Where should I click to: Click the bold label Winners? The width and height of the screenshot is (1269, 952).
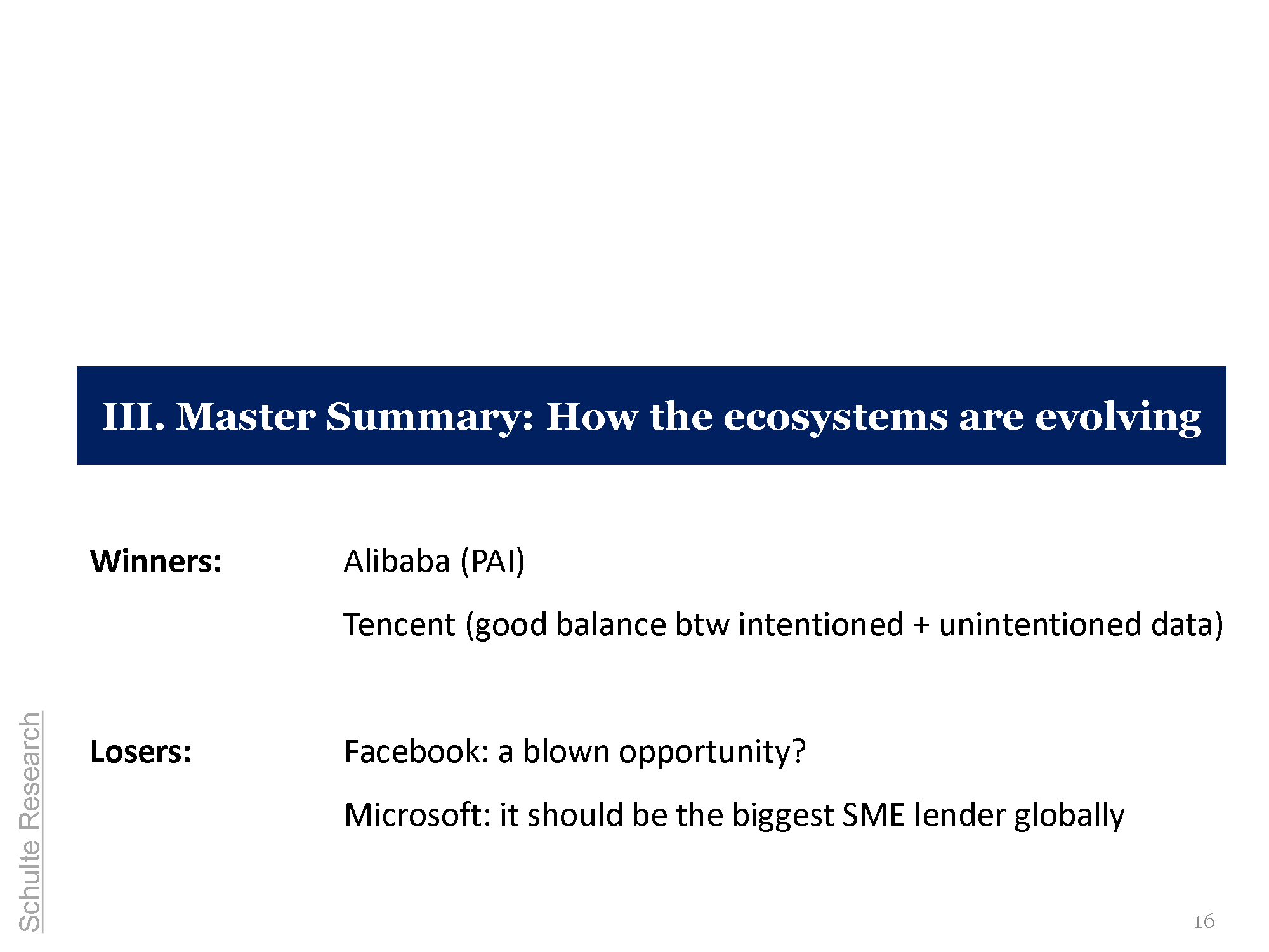[156, 561]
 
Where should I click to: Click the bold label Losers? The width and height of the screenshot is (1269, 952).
[141, 751]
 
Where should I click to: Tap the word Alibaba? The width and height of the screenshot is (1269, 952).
[397, 561]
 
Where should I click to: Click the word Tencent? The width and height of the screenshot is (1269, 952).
[399, 625]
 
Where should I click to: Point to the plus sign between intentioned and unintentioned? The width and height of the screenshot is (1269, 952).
[921, 626]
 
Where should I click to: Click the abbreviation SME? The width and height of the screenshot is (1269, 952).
[872, 815]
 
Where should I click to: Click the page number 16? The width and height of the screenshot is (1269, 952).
[1204, 922]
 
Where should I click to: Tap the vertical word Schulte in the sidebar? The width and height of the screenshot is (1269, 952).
[30, 886]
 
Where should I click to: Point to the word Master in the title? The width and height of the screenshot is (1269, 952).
[246, 417]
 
